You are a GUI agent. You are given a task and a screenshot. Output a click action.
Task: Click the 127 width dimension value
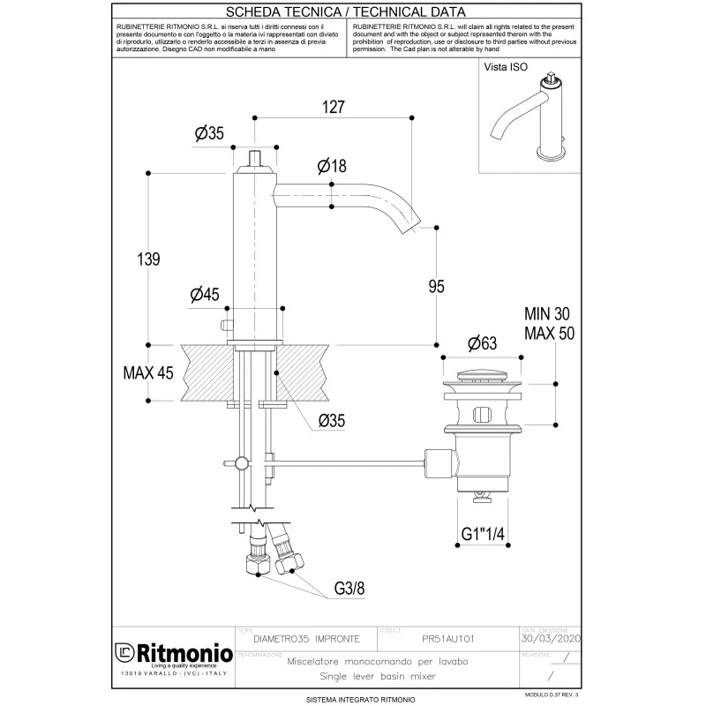(332, 106)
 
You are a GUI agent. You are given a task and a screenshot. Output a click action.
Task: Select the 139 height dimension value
(148, 259)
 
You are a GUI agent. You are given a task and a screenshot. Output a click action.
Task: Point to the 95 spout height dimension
(436, 287)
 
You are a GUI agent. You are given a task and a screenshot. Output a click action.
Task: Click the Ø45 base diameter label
(205, 296)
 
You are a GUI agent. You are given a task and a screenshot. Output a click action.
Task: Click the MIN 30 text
(550, 314)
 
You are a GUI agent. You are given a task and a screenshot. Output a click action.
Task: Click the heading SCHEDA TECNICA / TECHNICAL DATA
(352, 11)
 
